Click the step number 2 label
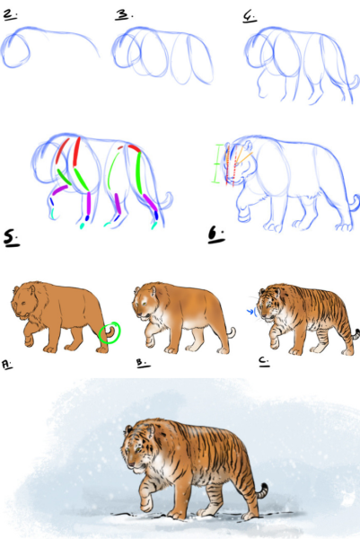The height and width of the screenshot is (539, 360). pyautogui.click(x=10, y=14)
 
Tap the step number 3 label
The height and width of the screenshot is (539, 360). pyautogui.click(x=124, y=14)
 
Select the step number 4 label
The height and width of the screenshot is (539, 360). pyautogui.click(x=250, y=16)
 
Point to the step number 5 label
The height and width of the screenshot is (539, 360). pyautogui.click(x=12, y=238)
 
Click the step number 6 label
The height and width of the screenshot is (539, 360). pyautogui.click(x=216, y=235)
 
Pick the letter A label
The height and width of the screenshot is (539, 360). pyautogui.click(x=7, y=365)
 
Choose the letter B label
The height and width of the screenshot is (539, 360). pyautogui.click(x=143, y=363)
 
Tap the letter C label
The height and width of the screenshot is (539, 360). pyautogui.click(x=264, y=361)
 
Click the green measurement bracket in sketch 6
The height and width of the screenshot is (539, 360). pyautogui.click(x=215, y=163)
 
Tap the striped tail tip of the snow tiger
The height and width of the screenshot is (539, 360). pyautogui.click(x=262, y=490)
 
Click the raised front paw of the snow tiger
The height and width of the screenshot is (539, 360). pyautogui.click(x=147, y=504)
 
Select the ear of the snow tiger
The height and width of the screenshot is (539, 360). pyautogui.click(x=128, y=429)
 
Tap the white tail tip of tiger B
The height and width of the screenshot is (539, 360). pyautogui.click(x=233, y=332)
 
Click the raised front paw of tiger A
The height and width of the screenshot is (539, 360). pyautogui.click(x=29, y=340)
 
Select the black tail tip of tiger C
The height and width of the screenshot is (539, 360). pyautogui.click(x=357, y=333)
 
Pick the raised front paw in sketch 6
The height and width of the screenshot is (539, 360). pyautogui.click(x=243, y=215)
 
